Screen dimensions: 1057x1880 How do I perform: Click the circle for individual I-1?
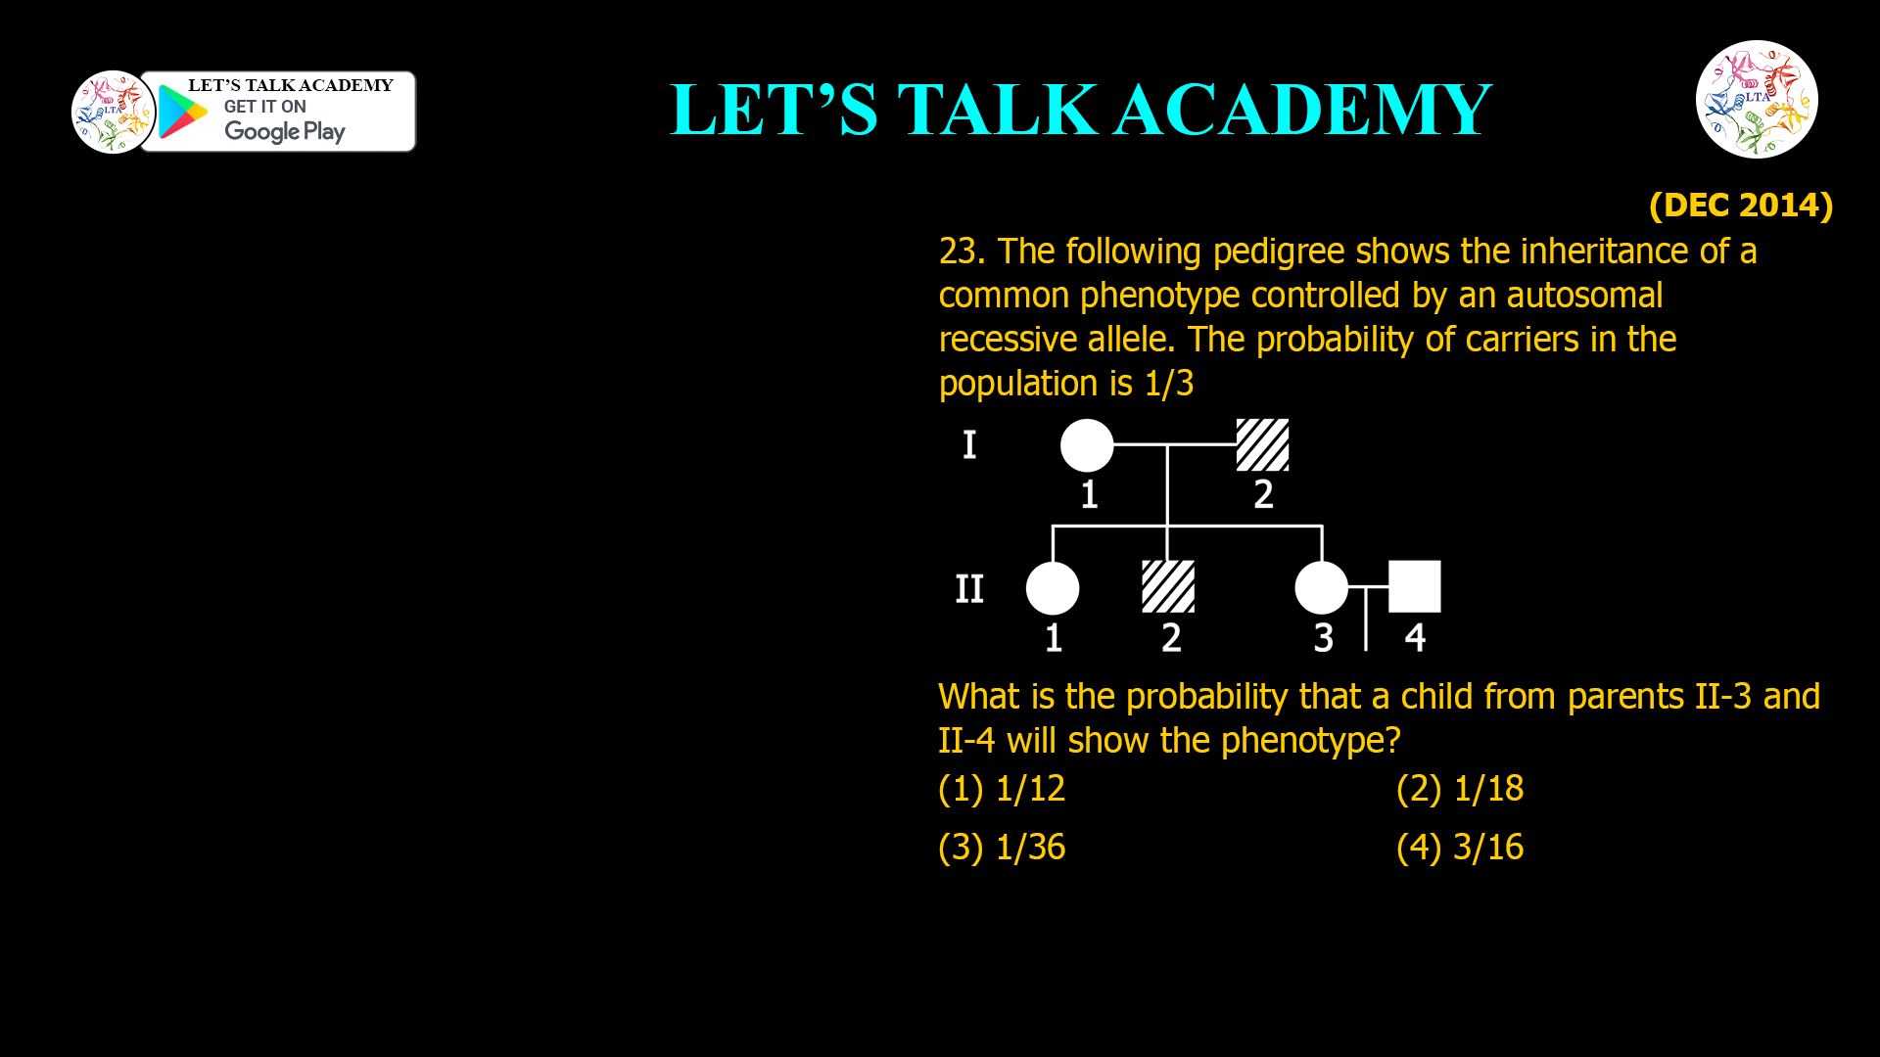[1087, 445]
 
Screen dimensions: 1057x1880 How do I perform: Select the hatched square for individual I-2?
[1262, 445]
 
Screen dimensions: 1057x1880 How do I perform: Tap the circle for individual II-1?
[1053, 587]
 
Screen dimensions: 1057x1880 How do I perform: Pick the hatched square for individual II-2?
[1168, 587]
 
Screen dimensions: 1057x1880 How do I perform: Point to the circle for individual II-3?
[1322, 587]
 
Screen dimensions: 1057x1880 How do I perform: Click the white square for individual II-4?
[1415, 587]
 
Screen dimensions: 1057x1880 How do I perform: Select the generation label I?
[969, 445]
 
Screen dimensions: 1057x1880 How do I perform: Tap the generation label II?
[969, 589]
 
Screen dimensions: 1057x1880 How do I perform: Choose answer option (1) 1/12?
[1002, 789]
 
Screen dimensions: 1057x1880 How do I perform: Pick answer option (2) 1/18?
[1460, 789]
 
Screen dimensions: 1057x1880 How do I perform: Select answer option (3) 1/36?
[1002, 848]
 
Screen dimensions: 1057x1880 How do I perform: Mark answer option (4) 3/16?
[1460, 848]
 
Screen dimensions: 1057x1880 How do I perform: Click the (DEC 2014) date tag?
[1741, 206]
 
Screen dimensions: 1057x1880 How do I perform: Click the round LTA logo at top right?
[1757, 99]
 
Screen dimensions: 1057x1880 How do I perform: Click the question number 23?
[961, 252]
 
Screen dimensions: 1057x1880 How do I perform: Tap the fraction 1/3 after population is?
[1169, 384]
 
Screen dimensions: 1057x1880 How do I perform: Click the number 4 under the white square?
[1415, 638]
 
